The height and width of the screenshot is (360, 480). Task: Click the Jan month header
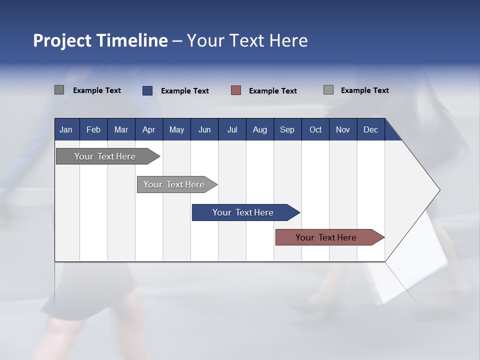(x=66, y=129)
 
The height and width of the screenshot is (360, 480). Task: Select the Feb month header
(x=93, y=129)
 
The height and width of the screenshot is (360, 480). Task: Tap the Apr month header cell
(x=149, y=129)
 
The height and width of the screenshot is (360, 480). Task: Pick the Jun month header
(x=204, y=129)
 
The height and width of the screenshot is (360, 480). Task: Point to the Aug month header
(x=260, y=129)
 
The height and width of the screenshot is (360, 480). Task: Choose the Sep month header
(x=287, y=129)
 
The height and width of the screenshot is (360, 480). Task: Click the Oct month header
(x=315, y=129)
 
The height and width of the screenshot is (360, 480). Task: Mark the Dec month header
(x=371, y=129)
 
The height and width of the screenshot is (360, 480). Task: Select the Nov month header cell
(x=343, y=129)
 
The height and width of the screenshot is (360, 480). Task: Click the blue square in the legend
(x=147, y=90)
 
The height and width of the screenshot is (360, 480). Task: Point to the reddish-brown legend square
(x=236, y=90)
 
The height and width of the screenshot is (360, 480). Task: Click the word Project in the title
(x=62, y=41)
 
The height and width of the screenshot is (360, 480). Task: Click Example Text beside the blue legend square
(x=185, y=91)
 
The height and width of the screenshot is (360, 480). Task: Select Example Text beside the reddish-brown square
(x=273, y=91)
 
